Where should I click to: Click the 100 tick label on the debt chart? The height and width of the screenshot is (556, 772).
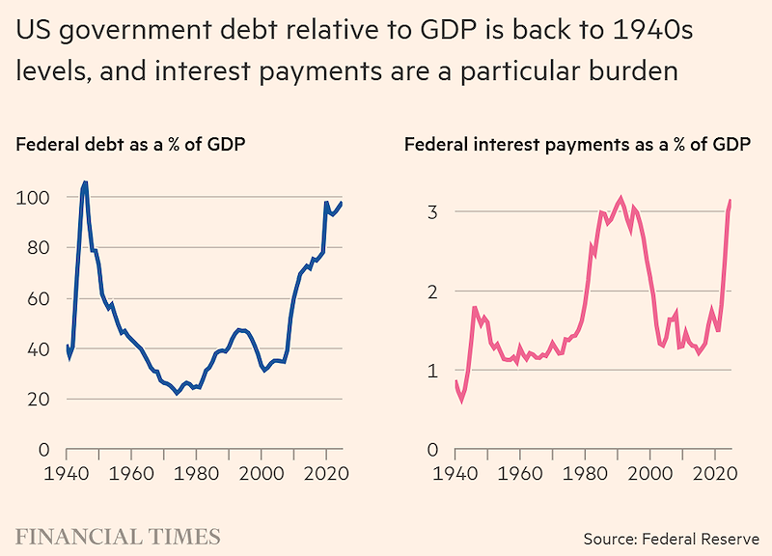tap(33, 198)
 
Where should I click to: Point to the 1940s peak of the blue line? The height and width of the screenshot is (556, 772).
tap(85, 182)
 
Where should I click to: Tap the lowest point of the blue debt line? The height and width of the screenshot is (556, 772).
tap(178, 393)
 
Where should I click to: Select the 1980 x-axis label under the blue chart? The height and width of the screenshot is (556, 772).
tap(196, 474)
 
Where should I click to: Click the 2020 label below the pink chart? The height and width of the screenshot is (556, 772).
tap(715, 474)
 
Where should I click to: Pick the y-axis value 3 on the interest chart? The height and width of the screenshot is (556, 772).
tap(432, 212)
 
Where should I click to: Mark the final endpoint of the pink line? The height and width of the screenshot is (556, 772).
tap(731, 201)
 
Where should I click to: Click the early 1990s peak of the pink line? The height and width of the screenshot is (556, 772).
tap(620, 199)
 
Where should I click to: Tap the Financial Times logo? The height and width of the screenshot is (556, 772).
tap(118, 537)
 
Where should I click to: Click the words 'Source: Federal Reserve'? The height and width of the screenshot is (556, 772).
tap(672, 539)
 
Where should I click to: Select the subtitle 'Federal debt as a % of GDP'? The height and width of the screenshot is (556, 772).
tap(130, 145)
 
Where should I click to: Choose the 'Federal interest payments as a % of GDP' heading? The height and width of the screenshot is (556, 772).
tap(577, 145)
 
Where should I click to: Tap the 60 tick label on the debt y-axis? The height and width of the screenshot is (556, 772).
tap(39, 299)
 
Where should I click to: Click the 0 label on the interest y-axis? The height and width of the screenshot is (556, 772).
tap(432, 450)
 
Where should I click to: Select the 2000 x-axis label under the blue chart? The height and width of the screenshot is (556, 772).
tap(262, 474)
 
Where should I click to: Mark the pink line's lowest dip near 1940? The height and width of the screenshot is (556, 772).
tap(461, 401)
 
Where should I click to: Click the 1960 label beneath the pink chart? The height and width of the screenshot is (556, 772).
tap(520, 474)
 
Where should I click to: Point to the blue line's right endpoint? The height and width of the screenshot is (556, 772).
tap(342, 203)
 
